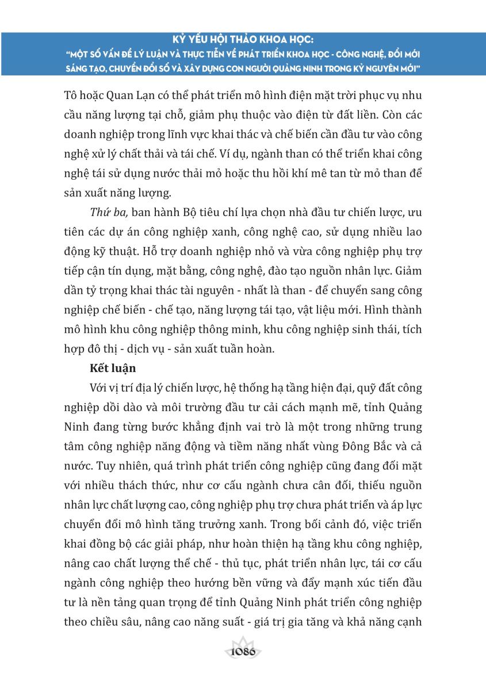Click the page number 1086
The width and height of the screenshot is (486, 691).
[242, 652]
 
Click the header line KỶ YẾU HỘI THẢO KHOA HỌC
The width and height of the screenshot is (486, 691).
[243, 41]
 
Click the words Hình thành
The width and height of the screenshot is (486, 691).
[394, 310]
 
